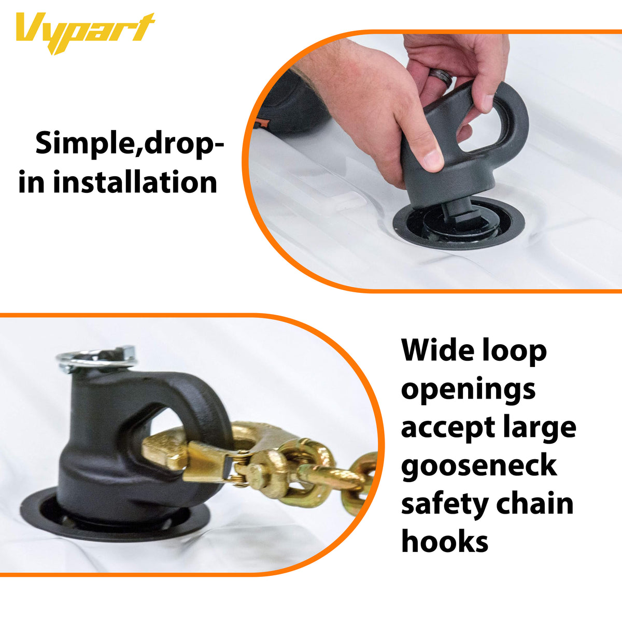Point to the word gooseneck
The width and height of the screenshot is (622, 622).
click(478, 465)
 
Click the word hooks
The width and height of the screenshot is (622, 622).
click(445, 542)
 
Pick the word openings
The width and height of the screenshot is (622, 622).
click(468, 390)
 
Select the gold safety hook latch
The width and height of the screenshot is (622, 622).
click(207, 456)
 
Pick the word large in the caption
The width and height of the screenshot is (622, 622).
click(539, 428)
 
